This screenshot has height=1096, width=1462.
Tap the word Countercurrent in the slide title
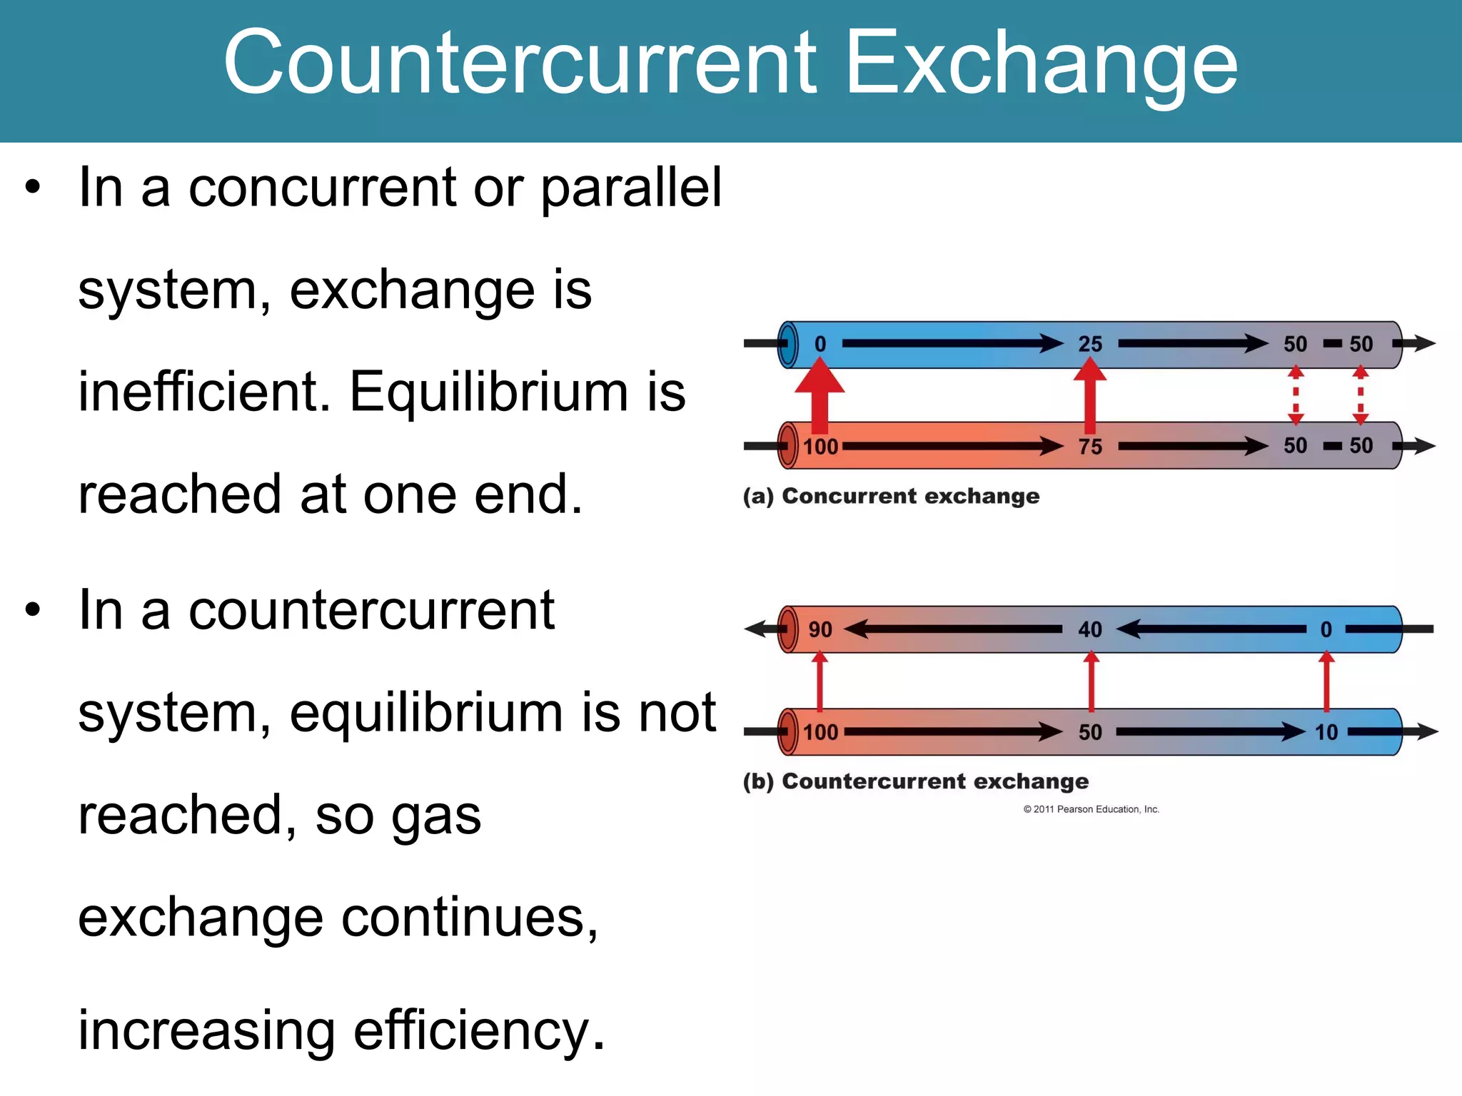[x=520, y=63]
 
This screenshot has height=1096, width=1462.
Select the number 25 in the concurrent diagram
[x=1090, y=344]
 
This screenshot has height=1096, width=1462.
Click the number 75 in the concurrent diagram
[x=1090, y=447]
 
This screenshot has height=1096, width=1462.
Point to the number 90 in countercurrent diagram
[x=820, y=629]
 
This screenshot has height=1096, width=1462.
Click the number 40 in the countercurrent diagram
[x=1090, y=629]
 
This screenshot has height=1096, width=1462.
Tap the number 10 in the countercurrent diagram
[x=1326, y=732]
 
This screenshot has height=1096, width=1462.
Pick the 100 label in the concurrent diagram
[x=820, y=447]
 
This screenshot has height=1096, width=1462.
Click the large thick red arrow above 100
[x=820, y=396]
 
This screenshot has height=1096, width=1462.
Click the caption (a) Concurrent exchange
[x=891, y=496]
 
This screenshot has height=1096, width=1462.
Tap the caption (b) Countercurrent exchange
[x=916, y=781]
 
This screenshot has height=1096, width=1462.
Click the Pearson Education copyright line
[x=1091, y=809]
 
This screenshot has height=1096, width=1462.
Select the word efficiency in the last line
[x=478, y=1031]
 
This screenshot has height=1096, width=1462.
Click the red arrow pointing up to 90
[x=820, y=681]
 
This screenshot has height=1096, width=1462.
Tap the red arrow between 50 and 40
[x=1091, y=681]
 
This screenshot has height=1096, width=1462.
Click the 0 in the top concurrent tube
[x=820, y=344]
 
